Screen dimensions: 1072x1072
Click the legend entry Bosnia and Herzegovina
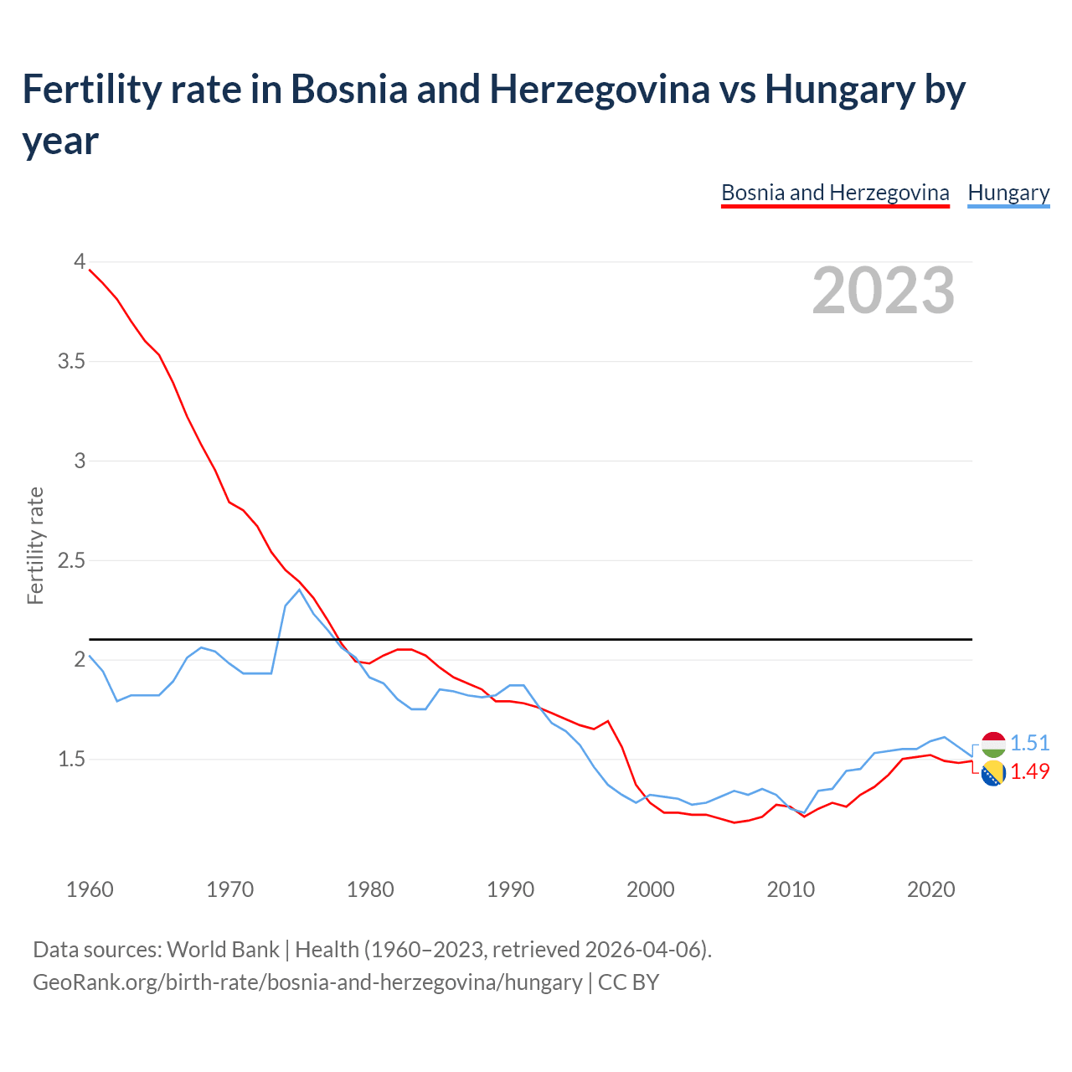point(835,193)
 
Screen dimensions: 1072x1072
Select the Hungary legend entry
point(1008,193)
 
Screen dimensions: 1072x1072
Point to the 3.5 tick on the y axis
point(71,361)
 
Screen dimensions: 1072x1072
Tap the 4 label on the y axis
point(80,261)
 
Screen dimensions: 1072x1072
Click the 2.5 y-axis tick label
point(71,560)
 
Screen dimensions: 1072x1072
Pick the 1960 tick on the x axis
point(90,889)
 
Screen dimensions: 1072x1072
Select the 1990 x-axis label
point(510,889)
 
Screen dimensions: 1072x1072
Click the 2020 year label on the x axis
point(930,889)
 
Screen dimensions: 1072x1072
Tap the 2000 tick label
point(650,889)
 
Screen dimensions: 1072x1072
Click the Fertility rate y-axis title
point(35,545)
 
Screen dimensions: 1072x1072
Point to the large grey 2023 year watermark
point(883,291)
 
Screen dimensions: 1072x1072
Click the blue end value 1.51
point(1029,743)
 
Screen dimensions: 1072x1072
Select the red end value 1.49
point(1029,771)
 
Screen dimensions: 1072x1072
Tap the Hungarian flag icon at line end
point(992,744)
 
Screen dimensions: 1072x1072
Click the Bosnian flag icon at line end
point(992,774)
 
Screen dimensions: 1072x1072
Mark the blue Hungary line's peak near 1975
point(299,590)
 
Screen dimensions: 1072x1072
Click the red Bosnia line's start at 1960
point(90,270)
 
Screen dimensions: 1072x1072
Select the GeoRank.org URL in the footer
point(307,982)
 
